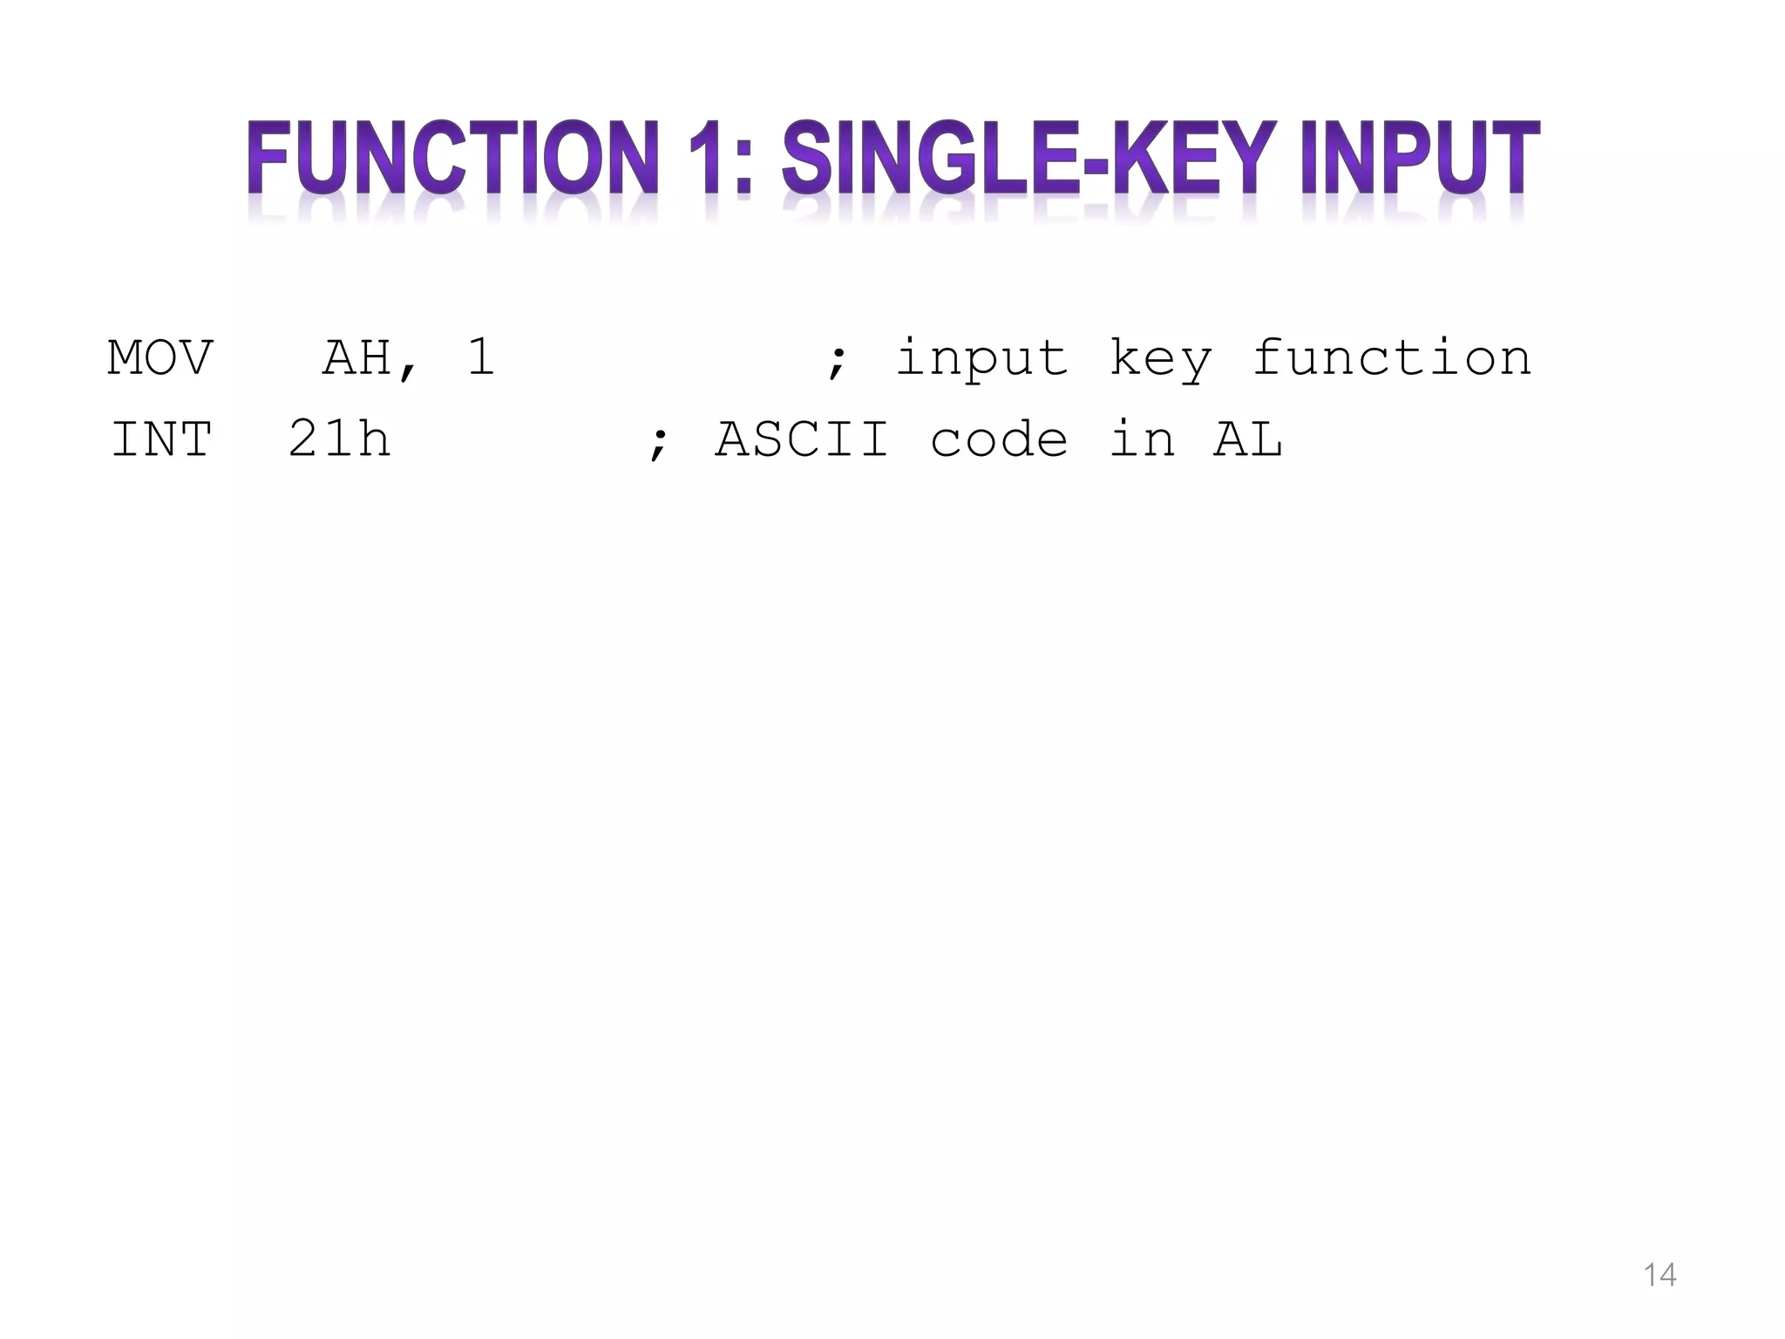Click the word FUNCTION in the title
pyautogui.click(x=451, y=158)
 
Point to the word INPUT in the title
pyautogui.click(x=1420, y=158)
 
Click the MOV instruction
pyautogui.click(x=160, y=358)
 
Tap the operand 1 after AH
pyautogui.click(x=481, y=358)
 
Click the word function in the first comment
pyautogui.click(x=1392, y=358)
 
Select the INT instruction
pyautogui.click(x=162, y=439)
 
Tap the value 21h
pyautogui.click(x=339, y=439)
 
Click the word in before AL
pyautogui.click(x=1142, y=439)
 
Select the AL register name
pyautogui.click(x=1248, y=439)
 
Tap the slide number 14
pyautogui.click(x=1659, y=1275)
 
